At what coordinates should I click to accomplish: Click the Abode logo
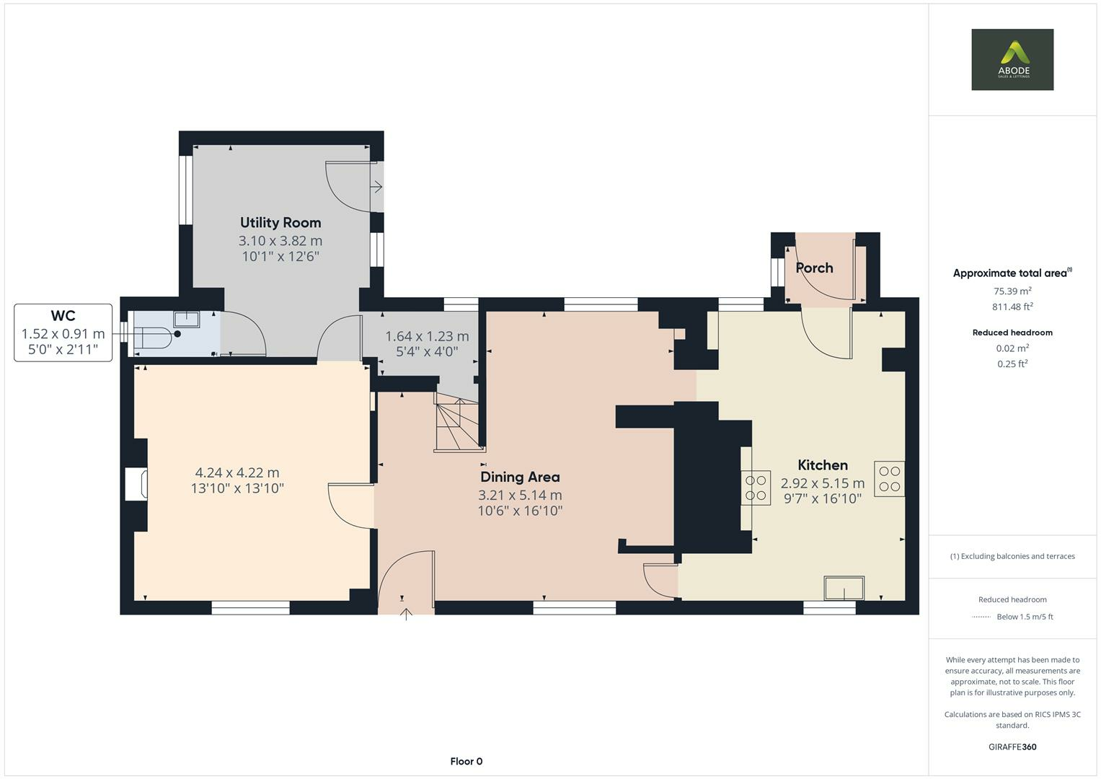click(1012, 59)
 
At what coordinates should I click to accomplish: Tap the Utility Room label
click(280, 223)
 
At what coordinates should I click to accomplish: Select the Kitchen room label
click(822, 465)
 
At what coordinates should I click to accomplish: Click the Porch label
click(814, 268)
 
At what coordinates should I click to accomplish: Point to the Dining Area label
click(520, 477)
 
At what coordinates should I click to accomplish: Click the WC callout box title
click(63, 316)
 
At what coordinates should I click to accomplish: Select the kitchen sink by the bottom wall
click(844, 588)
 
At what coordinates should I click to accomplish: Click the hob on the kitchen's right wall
click(889, 479)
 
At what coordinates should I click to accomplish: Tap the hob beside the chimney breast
click(756, 487)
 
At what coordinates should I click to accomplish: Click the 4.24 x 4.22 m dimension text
click(237, 473)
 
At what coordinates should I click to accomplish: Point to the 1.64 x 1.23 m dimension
click(427, 336)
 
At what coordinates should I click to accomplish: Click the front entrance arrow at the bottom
click(406, 614)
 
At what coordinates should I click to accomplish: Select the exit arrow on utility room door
click(376, 188)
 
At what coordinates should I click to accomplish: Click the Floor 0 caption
click(466, 761)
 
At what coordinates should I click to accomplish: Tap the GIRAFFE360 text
click(1012, 747)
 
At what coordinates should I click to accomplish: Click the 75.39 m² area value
click(1012, 291)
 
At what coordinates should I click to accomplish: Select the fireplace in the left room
click(137, 483)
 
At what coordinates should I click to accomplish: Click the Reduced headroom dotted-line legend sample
click(981, 617)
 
